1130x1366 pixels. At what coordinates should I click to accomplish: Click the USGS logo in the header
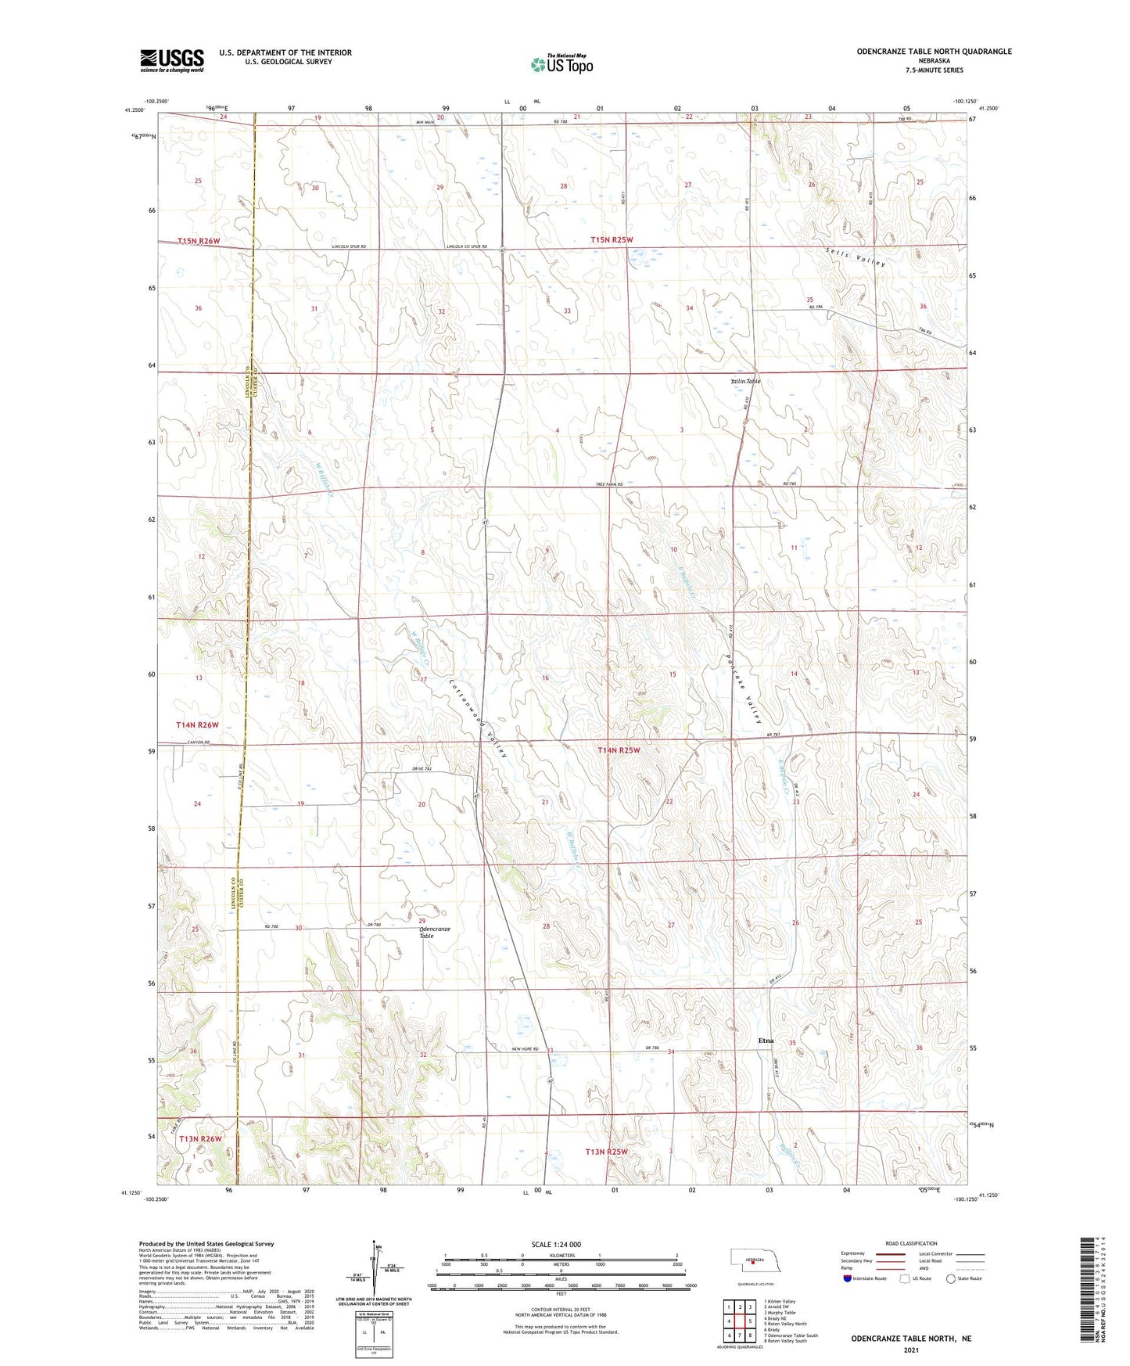[x=172, y=60]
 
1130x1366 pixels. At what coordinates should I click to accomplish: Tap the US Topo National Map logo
[x=562, y=63]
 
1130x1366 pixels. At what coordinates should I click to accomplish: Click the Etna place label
[x=766, y=1041]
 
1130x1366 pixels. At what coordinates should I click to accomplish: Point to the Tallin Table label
[x=745, y=382]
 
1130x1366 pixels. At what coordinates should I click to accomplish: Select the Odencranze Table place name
[x=435, y=933]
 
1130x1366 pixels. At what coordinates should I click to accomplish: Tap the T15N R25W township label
[x=612, y=240]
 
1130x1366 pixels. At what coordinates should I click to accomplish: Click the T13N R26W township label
[x=200, y=1138]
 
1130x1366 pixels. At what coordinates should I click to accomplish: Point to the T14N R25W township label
[x=619, y=750]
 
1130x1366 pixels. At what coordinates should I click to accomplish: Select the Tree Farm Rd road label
[x=609, y=485]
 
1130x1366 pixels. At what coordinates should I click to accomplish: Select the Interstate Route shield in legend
[x=848, y=1278]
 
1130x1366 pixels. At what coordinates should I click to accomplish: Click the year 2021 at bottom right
[x=910, y=1350]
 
